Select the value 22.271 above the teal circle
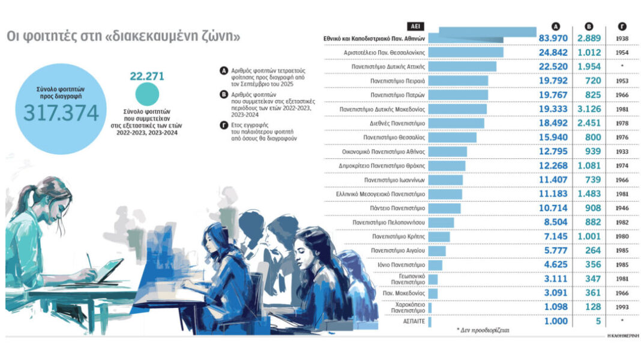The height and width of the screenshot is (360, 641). point(147,76)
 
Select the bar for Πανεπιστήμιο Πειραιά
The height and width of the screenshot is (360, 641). point(459,81)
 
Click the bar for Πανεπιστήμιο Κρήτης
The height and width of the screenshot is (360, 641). point(440,236)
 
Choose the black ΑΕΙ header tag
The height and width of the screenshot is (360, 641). point(414,26)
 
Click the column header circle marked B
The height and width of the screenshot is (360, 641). point(589,26)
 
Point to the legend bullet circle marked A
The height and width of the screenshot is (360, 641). point(224,71)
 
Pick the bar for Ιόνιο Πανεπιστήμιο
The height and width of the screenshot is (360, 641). point(436,265)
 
